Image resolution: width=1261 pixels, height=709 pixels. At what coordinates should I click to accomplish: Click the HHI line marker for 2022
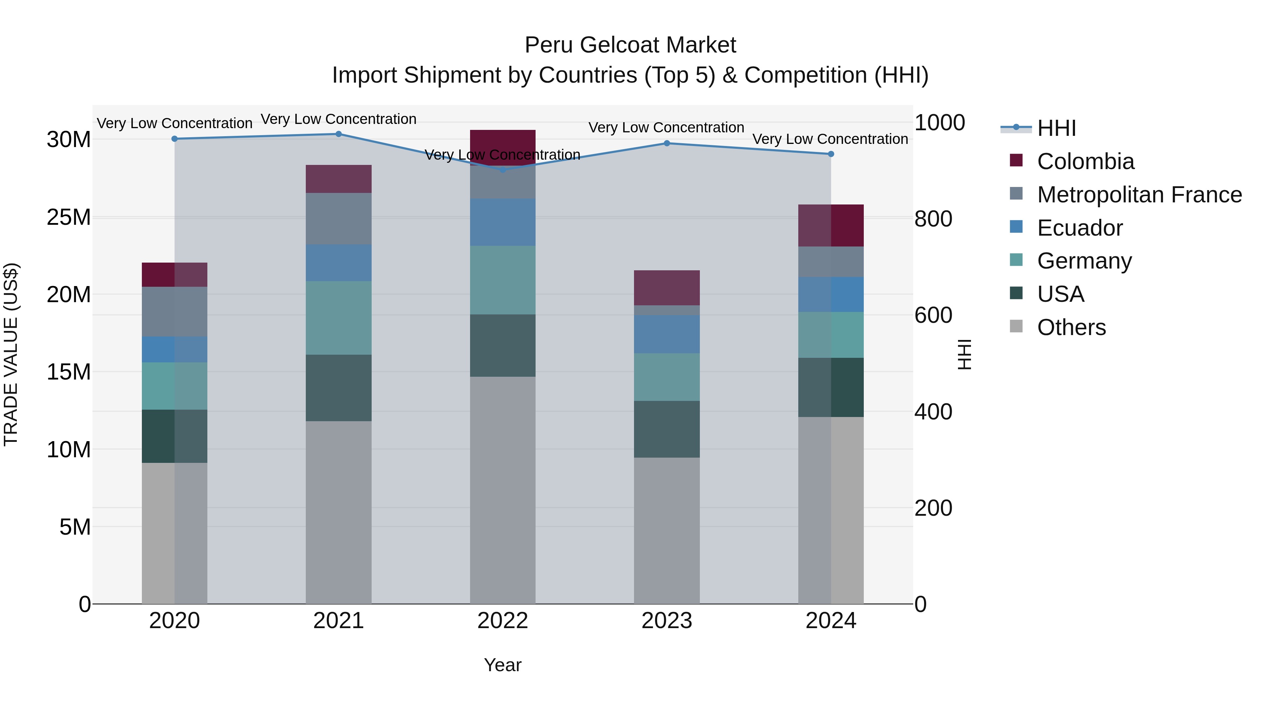tap(503, 169)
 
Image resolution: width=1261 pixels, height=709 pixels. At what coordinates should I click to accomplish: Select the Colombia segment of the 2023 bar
tap(667, 288)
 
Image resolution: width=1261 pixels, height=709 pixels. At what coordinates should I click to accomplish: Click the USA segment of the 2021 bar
tap(339, 388)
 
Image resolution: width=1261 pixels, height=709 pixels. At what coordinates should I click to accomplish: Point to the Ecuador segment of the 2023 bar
tap(667, 334)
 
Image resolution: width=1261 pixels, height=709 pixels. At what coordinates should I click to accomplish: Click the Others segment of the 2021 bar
tap(339, 512)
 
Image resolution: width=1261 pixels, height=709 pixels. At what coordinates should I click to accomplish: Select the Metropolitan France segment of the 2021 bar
tap(339, 219)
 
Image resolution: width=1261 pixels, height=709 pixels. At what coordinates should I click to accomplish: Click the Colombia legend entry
tap(1085, 161)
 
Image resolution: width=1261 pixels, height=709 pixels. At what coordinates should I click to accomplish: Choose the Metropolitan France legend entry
tap(1139, 195)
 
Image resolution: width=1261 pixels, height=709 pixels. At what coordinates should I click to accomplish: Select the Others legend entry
tap(1071, 327)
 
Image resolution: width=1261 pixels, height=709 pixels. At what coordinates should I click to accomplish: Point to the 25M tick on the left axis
tap(69, 217)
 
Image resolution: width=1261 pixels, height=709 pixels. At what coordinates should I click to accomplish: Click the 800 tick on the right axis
tap(933, 219)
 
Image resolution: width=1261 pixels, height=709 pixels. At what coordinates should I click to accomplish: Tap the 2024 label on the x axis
tap(831, 621)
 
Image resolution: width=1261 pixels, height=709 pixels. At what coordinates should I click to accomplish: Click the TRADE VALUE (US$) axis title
tap(11, 354)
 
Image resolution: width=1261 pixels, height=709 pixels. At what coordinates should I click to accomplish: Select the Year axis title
tap(503, 665)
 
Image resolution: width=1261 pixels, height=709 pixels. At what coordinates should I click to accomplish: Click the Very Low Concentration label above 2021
tap(339, 119)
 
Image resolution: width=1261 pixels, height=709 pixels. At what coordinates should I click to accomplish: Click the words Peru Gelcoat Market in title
tap(630, 45)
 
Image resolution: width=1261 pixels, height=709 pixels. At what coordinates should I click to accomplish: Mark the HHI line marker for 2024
tap(831, 154)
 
